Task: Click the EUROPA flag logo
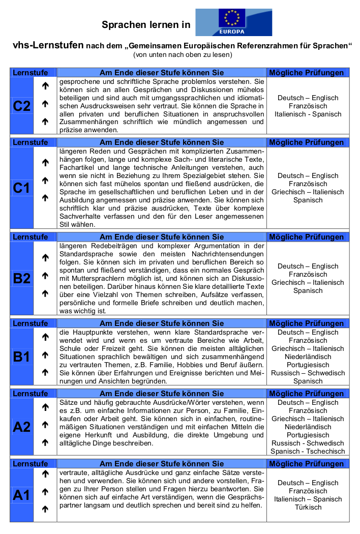tap(233, 22)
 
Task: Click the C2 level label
tap(21, 106)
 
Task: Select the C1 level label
tap(21, 188)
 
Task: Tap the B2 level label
tap(21, 278)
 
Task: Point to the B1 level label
tap(21, 357)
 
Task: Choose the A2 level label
tap(21, 427)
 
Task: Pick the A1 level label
tap(21, 494)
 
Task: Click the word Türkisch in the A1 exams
tap(308, 507)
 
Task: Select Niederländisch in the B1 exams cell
tap(308, 357)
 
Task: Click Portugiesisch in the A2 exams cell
tap(308, 435)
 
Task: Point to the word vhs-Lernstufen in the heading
tap(48, 45)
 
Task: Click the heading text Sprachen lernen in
tap(146, 24)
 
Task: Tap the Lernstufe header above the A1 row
tap(30, 464)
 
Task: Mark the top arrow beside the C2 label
tap(45, 86)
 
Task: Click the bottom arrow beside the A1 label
tap(45, 509)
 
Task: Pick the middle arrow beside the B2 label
tap(45, 276)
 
